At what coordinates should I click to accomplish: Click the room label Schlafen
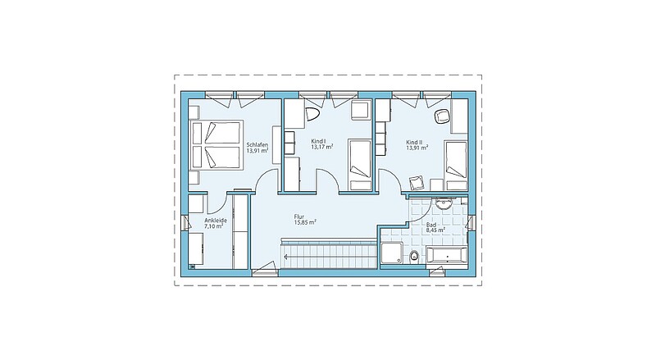point(257,145)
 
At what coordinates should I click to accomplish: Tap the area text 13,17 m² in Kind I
point(321,147)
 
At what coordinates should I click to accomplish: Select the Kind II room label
point(414,142)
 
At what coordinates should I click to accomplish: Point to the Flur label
point(298,216)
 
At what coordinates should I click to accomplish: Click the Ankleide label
point(216,221)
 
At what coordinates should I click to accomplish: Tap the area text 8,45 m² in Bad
point(435,230)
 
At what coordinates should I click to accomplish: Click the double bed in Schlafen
point(216,145)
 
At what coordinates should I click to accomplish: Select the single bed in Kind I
point(360,165)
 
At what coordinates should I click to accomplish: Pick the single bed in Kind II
point(456,166)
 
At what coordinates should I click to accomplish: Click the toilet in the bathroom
point(415,256)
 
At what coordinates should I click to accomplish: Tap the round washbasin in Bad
point(442,204)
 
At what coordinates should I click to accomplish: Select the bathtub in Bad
point(446,255)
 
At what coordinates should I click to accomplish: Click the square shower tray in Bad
point(392,253)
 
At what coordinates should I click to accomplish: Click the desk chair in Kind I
point(312,114)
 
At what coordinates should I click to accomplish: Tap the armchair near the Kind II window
point(442,116)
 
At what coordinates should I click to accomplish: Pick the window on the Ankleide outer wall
point(184,223)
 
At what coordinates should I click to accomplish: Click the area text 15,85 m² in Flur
point(305,222)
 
